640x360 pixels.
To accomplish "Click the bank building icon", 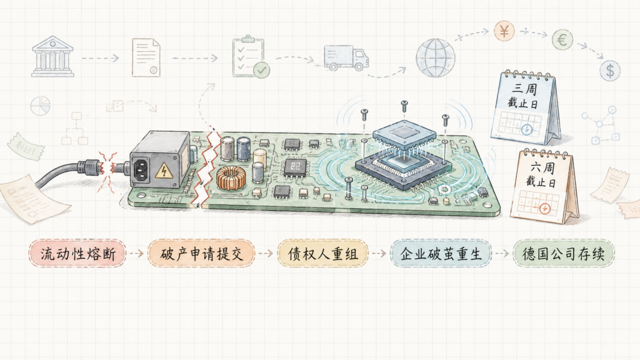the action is [x=52, y=56].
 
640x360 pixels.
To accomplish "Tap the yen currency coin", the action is [x=504, y=31].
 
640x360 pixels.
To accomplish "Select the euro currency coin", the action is [x=562, y=39].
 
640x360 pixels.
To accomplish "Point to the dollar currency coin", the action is [x=610, y=70].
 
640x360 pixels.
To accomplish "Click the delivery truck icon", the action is [x=346, y=57].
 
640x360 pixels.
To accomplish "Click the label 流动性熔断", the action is [x=78, y=254].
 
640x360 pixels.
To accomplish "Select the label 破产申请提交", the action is [x=202, y=254].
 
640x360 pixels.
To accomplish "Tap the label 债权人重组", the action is [x=323, y=254].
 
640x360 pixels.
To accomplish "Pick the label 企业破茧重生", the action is [x=441, y=254].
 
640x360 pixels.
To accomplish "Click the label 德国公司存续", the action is [x=563, y=254].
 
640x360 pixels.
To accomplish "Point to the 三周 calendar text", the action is [x=525, y=89].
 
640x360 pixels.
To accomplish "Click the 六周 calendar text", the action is [x=542, y=167].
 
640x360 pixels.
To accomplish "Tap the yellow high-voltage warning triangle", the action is [x=164, y=171].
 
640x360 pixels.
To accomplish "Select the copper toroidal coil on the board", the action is [x=229, y=178].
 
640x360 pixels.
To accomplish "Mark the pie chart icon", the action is [x=41, y=106].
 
